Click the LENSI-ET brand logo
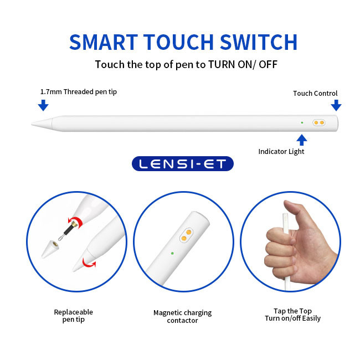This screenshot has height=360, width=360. click(x=183, y=164)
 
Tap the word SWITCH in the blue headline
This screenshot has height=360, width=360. click(x=259, y=42)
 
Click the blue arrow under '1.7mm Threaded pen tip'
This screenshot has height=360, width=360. click(x=43, y=105)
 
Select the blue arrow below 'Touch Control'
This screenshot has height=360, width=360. click(x=336, y=105)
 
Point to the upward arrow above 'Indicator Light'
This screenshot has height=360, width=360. click(x=302, y=140)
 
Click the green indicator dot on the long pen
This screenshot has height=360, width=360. click(x=302, y=122)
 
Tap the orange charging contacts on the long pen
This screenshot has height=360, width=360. click(x=319, y=122)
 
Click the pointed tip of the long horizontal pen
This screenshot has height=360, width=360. click(x=32, y=124)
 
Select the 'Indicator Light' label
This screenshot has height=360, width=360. click(x=281, y=152)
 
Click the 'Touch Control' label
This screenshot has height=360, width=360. click(x=315, y=93)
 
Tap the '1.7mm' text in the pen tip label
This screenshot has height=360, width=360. click(x=51, y=91)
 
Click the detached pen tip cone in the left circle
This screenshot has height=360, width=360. click(x=50, y=249)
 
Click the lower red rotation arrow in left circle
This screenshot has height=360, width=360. click(x=89, y=263)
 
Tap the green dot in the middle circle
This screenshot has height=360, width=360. click(x=172, y=253)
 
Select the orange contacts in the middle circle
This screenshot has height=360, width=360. click(x=186, y=235)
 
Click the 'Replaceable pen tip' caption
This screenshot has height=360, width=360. click(x=74, y=316)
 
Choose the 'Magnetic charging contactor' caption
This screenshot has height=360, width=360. click(x=183, y=316)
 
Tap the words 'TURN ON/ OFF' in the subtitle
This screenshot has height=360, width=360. click(x=243, y=64)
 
